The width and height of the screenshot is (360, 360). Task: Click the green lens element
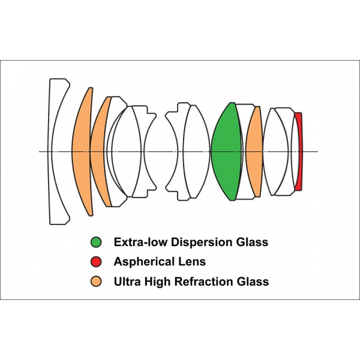coord(226,152)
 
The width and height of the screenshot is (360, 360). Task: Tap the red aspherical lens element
coord(299,152)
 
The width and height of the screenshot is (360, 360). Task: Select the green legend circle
coord(96,242)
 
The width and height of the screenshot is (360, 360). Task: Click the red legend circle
coord(96,262)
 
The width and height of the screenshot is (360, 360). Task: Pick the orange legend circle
coord(96,281)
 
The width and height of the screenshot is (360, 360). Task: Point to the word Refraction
coord(203,281)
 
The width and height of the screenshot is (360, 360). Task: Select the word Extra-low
coord(140,242)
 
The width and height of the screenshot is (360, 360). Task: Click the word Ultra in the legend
coord(127,281)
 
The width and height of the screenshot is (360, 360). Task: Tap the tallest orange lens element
coord(83,152)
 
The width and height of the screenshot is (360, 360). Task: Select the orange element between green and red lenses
coord(254,152)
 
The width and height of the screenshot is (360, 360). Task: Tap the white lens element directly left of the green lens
coord(197,152)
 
